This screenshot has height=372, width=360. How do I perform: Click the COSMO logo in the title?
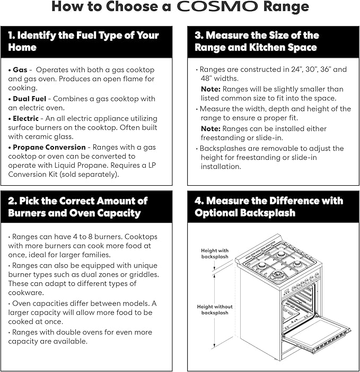tap(217, 6)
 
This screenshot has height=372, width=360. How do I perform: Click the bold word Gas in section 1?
tap(20, 70)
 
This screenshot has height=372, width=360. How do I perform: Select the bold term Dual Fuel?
tap(29, 99)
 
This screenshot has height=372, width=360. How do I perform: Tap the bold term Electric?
tap(25, 118)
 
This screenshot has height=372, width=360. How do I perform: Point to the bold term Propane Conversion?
tap(49, 148)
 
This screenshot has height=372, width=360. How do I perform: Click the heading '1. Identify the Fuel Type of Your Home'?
tap(83, 41)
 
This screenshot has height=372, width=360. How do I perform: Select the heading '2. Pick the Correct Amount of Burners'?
tap(78, 207)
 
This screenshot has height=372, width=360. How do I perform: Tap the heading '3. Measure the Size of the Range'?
tap(257, 41)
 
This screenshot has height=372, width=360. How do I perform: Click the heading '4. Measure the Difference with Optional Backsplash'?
tap(269, 207)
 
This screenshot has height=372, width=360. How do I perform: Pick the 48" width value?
tap(206, 79)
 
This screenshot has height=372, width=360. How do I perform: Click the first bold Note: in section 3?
tap(210, 89)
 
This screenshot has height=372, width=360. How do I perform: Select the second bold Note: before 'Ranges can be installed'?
tap(210, 129)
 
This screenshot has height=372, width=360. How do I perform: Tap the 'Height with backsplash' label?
tap(215, 254)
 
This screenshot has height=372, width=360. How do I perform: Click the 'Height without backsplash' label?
tap(215, 309)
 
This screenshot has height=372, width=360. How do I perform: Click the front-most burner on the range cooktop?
tap(276, 275)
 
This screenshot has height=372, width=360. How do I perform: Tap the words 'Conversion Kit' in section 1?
tap(33, 175)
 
